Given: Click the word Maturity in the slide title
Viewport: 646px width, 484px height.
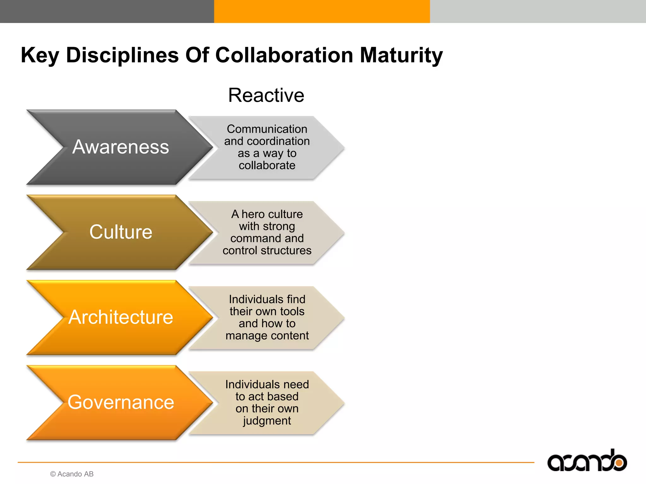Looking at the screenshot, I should pos(401,55).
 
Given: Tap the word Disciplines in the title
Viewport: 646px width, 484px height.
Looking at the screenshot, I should pos(122,55).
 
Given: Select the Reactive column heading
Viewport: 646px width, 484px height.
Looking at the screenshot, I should pos(266,95).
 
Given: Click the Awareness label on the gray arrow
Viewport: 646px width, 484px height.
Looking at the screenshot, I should pos(121,147).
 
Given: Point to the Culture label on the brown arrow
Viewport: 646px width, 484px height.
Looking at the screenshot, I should pos(121,232).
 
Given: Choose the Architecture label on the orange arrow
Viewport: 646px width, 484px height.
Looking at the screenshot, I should pos(121,317).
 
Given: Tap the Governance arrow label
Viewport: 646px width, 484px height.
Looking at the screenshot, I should pos(121,402).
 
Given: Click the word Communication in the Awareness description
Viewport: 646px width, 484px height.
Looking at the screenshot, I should pos(267,129).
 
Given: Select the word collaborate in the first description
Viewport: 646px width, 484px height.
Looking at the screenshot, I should pos(267,165).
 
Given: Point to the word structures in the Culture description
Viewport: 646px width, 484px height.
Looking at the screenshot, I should pos(287,251).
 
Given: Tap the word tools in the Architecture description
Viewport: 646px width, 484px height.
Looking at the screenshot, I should pos(292,311).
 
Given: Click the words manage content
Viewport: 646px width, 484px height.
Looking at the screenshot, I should pos(267,336).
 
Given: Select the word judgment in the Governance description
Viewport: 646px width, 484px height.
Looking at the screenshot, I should pos(267,421).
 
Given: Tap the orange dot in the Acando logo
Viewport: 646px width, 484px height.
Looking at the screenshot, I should pos(619,463).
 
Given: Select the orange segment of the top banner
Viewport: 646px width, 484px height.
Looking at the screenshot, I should pos(322,11).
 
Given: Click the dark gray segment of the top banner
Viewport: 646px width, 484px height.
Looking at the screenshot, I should pos(107,11).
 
